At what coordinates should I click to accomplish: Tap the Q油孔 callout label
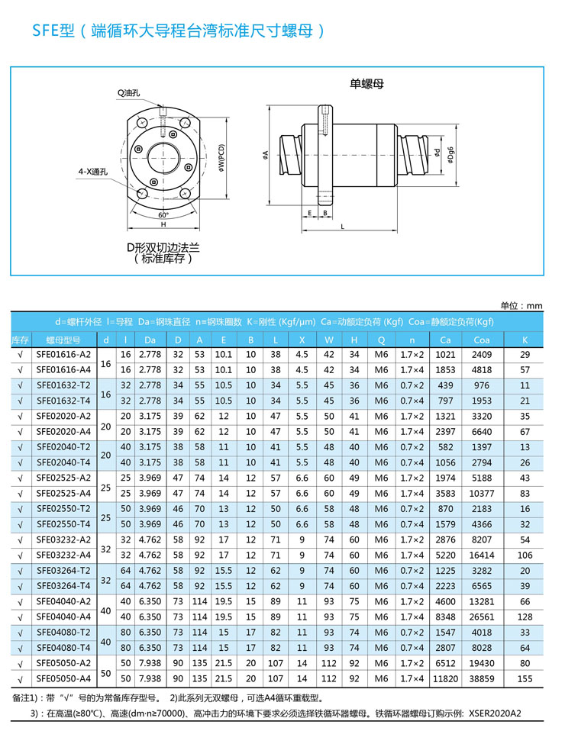tap(129, 93)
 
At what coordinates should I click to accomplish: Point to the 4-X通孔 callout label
tap(95, 172)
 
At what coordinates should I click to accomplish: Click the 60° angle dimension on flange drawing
tap(163, 215)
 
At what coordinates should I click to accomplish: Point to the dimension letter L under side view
tap(343, 227)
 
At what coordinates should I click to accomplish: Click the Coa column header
tap(482, 340)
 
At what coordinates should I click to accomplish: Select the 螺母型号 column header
tap(63, 340)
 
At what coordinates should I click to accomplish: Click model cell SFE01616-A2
tap(63, 355)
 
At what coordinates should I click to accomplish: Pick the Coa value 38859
tap(482, 678)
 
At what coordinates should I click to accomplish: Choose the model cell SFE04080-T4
tap(63, 647)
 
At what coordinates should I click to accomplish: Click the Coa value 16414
tap(482, 555)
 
